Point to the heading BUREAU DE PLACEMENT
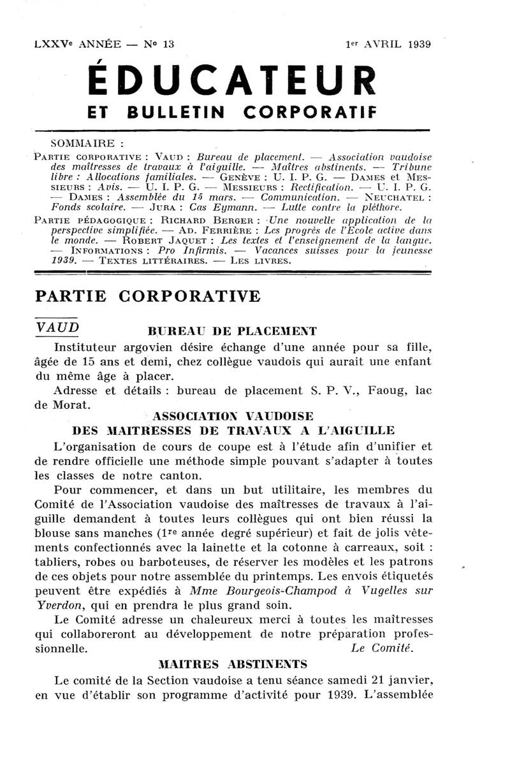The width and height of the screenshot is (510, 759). coord(232,331)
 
